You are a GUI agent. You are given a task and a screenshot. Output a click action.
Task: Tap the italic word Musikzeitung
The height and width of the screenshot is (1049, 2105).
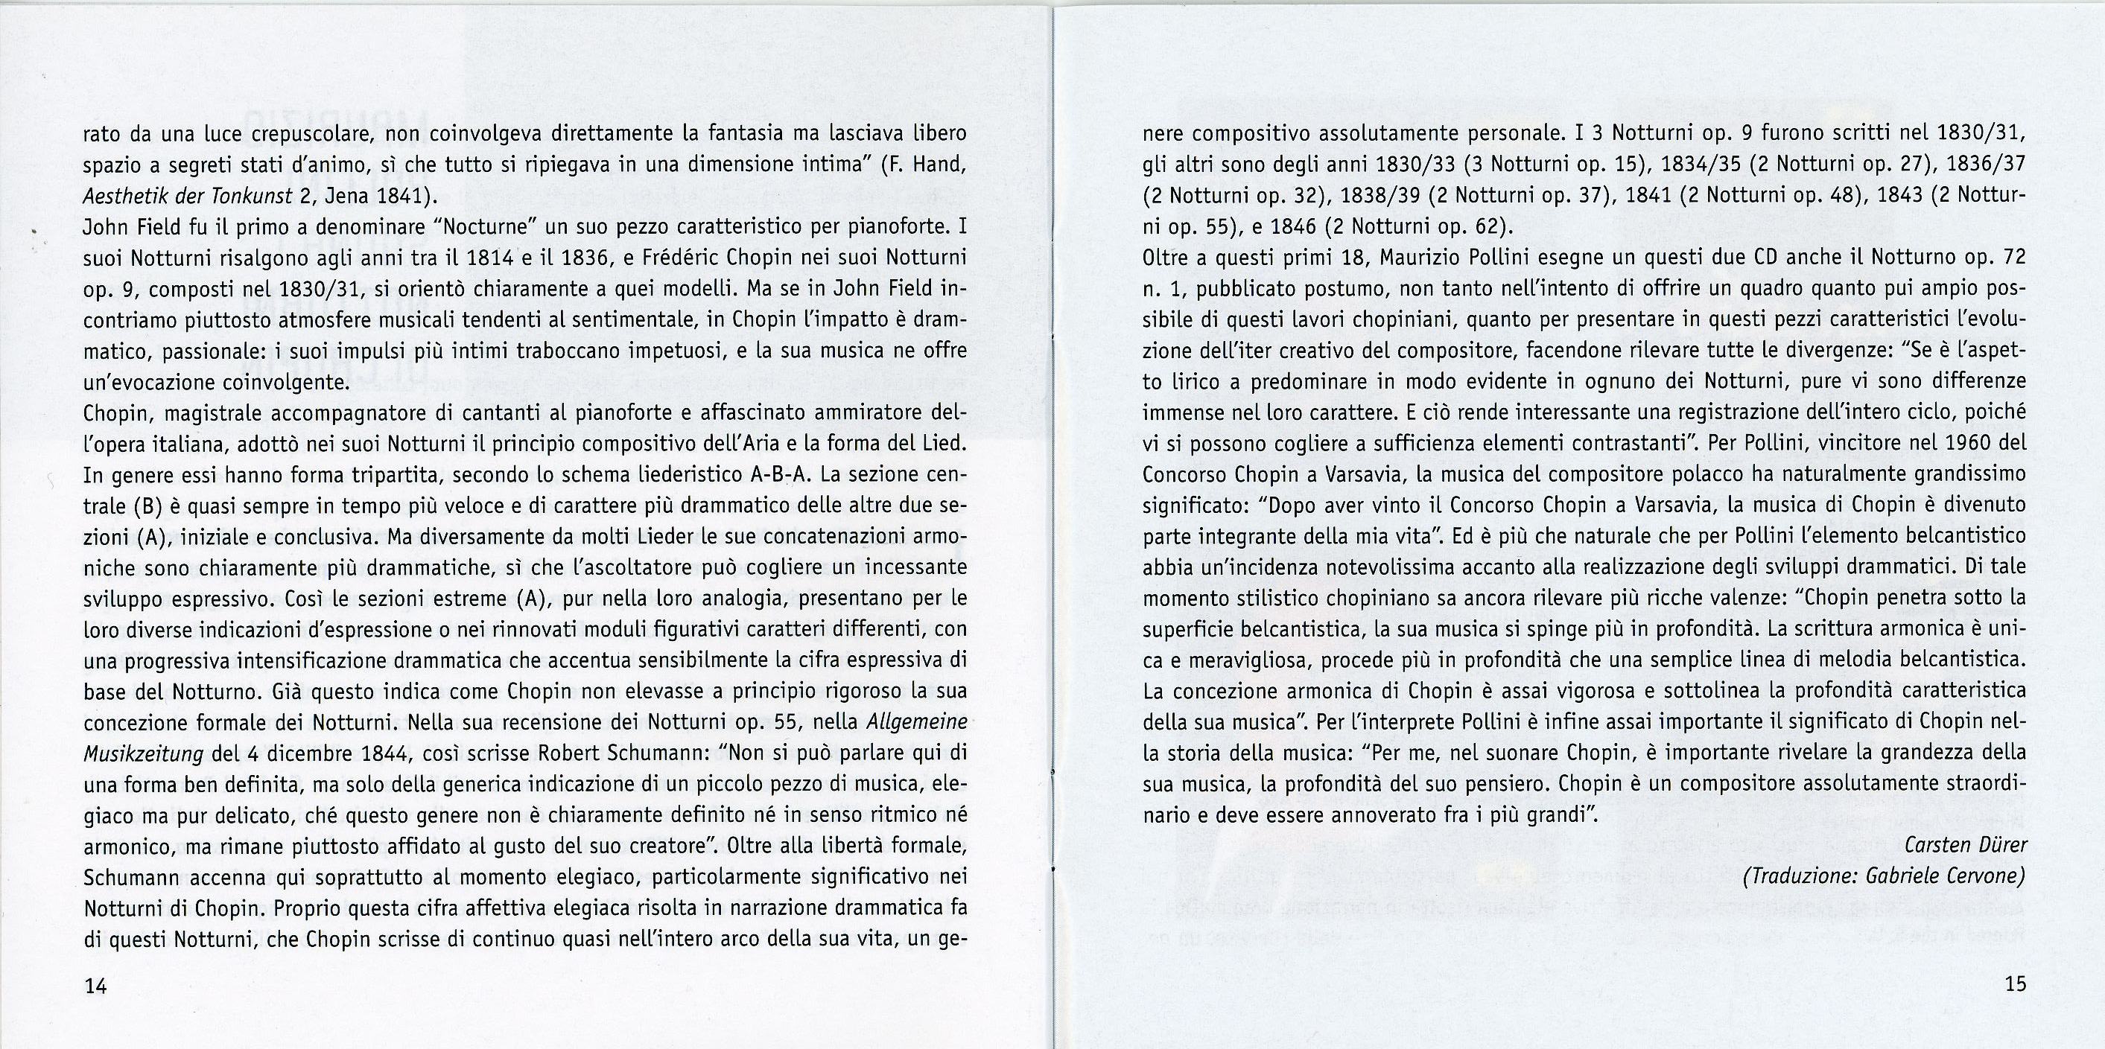point(143,753)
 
